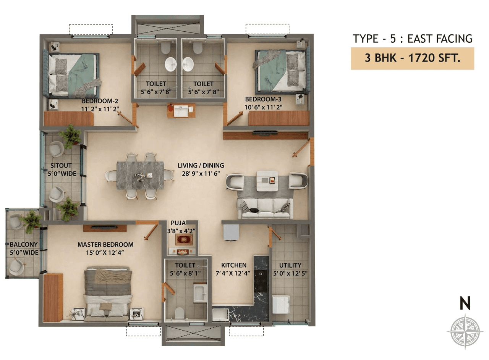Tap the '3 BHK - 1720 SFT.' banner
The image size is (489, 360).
pos(412,58)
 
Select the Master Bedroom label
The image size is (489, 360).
pos(105,244)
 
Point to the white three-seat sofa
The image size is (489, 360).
pos(265,208)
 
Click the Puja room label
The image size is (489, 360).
pos(178,223)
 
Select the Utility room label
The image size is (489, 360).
pos(290,265)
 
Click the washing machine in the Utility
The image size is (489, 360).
pos(280,304)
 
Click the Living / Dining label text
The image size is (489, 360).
pos(201,165)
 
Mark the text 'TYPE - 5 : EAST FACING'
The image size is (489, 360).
pos(413,39)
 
